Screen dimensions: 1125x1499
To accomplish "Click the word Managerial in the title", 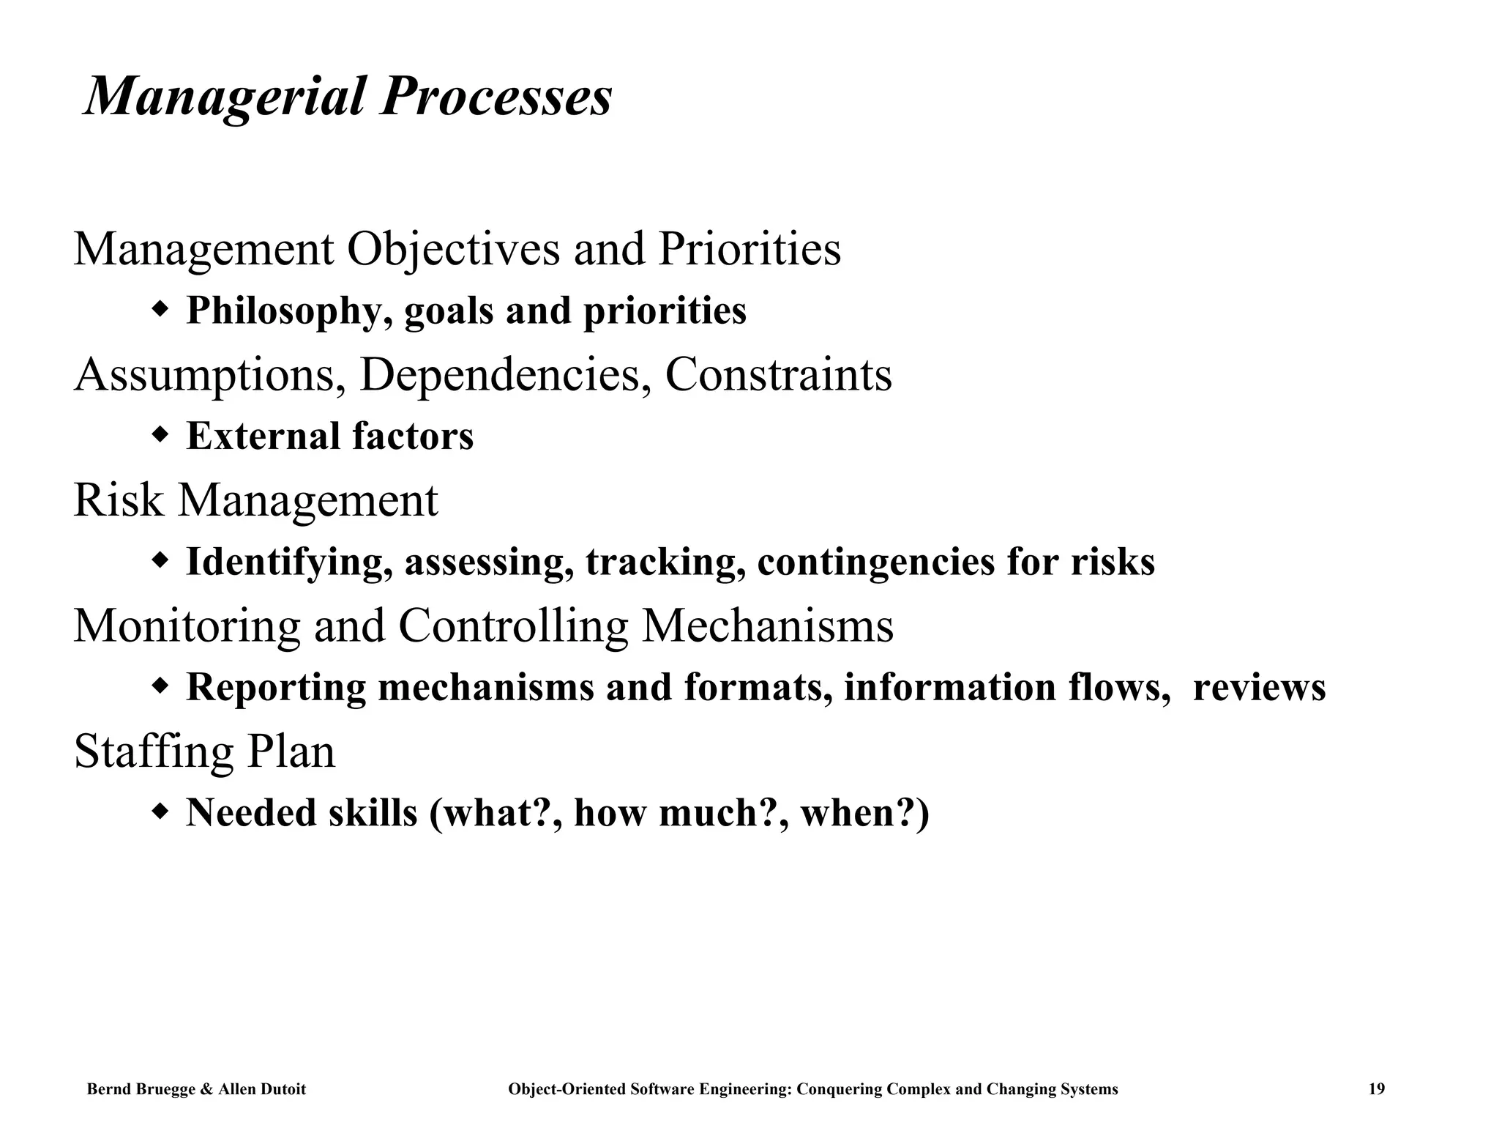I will click(x=224, y=97).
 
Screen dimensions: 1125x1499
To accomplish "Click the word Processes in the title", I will click(x=496, y=97).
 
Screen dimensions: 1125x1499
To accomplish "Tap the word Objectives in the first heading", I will click(x=453, y=250).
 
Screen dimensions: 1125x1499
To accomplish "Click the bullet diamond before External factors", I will click(x=160, y=435).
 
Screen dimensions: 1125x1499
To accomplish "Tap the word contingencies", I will click(x=875, y=562).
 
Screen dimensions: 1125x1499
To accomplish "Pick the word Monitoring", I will click(x=187, y=626).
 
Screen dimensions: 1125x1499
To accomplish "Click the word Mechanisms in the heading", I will click(x=767, y=626).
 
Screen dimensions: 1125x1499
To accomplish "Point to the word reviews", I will click(x=1259, y=688).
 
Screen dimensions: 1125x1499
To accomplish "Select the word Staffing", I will click(x=153, y=752).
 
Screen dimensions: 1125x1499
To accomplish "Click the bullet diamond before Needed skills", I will click(x=160, y=812).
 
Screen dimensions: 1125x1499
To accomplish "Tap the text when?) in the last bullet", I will click(x=864, y=813).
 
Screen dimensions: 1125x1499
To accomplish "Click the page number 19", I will click(x=1376, y=1089).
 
